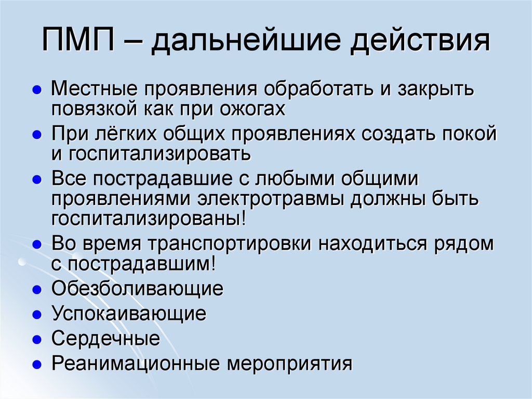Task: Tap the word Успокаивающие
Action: (129, 314)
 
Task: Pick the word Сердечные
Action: (105, 339)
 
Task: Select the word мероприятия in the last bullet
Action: (289, 363)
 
